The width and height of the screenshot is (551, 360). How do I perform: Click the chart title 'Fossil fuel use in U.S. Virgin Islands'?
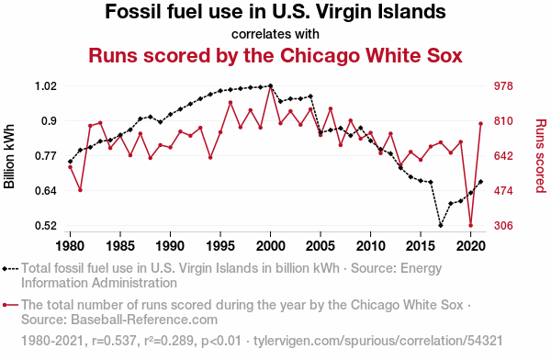tap(275, 12)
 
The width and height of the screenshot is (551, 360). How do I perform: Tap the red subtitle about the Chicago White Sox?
tap(275, 56)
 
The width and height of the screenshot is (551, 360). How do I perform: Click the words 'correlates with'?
tap(275, 34)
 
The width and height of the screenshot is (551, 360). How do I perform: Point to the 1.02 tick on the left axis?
tap(46, 85)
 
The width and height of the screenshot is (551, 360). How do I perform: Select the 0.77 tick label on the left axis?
tap(46, 156)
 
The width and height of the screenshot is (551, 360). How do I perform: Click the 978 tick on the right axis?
tap(503, 85)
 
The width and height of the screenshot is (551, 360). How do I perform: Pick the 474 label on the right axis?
tap(503, 191)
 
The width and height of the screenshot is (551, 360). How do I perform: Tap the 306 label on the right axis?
tap(503, 226)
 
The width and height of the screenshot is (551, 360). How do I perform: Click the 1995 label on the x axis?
tap(220, 246)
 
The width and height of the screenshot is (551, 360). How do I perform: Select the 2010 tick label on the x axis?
tap(370, 246)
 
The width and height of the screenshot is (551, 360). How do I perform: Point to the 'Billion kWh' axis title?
tap(9, 156)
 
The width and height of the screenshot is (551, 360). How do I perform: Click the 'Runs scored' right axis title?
tap(541, 156)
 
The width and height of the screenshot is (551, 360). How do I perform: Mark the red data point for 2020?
tap(471, 226)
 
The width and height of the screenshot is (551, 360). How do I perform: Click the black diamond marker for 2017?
tap(441, 225)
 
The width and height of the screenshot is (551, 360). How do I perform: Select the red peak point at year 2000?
tap(271, 85)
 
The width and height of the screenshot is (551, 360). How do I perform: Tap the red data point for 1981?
tap(80, 190)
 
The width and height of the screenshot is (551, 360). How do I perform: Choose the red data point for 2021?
tap(480, 124)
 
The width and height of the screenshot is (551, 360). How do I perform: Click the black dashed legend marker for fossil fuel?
tap(10, 269)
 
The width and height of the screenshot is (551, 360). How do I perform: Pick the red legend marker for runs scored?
tap(10, 305)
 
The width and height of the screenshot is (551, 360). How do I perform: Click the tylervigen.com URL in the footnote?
tap(378, 341)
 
